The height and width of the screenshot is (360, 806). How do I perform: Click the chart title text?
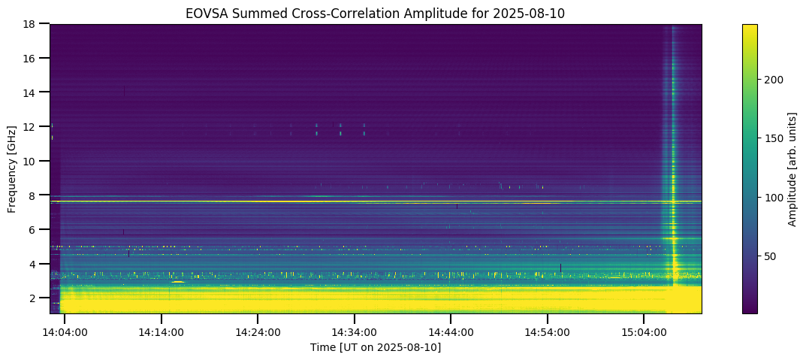point(375,13)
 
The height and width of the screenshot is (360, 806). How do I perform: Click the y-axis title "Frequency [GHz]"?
point(13,168)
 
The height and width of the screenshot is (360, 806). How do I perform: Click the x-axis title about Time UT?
point(375,347)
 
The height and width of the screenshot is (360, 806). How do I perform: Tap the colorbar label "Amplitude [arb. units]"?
point(792,168)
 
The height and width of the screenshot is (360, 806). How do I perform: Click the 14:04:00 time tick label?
point(65,331)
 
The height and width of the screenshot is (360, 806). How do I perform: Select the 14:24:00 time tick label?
point(258,331)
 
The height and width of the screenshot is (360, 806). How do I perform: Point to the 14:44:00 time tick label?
point(451,331)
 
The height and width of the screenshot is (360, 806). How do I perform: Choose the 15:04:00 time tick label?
point(644,331)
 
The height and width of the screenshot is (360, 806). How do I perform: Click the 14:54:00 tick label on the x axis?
point(547,331)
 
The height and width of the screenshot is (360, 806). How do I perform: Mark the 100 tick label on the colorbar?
point(775,198)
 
